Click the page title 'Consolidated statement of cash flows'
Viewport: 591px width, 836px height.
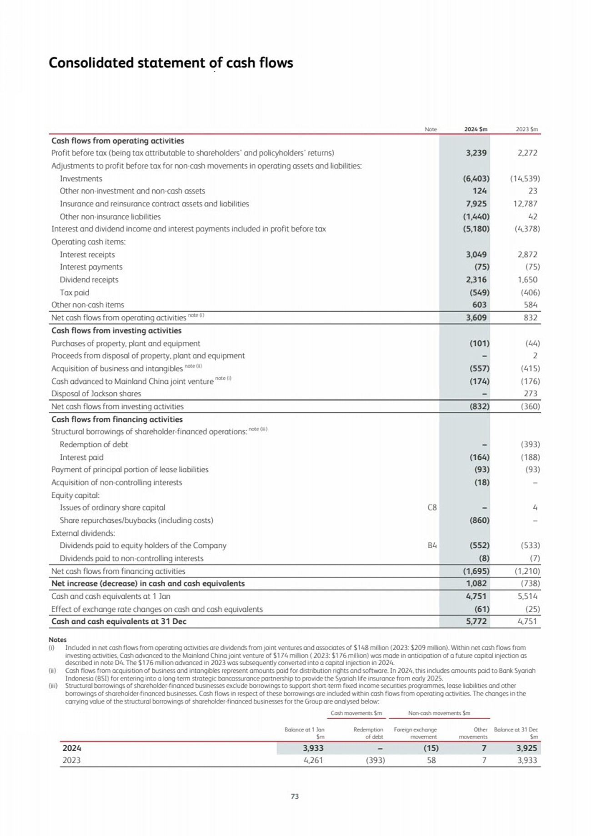(170, 63)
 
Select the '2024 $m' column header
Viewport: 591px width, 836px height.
(476, 130)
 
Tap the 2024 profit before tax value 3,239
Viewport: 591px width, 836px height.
(476, 153)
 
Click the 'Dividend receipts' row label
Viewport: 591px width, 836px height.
(89, 280)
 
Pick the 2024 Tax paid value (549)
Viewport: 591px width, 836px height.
(479, 292)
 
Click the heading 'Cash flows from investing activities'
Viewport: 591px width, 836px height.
(116, 330)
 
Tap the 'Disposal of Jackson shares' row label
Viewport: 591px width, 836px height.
(96, 394)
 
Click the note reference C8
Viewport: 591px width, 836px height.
(432, 507)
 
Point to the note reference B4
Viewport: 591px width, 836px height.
(432, 545)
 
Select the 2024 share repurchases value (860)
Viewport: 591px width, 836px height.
(479, 520)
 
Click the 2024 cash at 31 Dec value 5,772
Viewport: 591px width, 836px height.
(476, 621)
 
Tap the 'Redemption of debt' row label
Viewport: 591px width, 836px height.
(94, 444)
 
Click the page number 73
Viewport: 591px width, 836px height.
(295, 796)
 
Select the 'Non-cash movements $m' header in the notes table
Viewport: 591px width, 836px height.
(439, 713)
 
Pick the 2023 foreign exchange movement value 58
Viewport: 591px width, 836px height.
(431, 760)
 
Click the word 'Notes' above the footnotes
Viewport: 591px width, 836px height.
(57, 640)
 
